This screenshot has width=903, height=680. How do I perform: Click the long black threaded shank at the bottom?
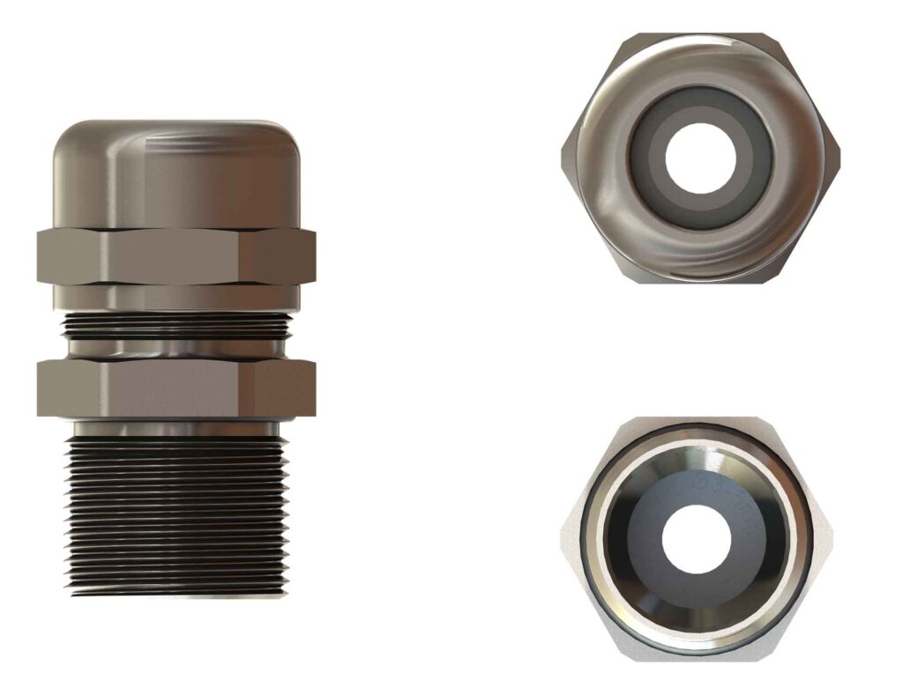[176, 520]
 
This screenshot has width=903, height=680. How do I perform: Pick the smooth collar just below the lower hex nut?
[176, 428]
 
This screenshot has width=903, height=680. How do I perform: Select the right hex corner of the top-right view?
[834, 159]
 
